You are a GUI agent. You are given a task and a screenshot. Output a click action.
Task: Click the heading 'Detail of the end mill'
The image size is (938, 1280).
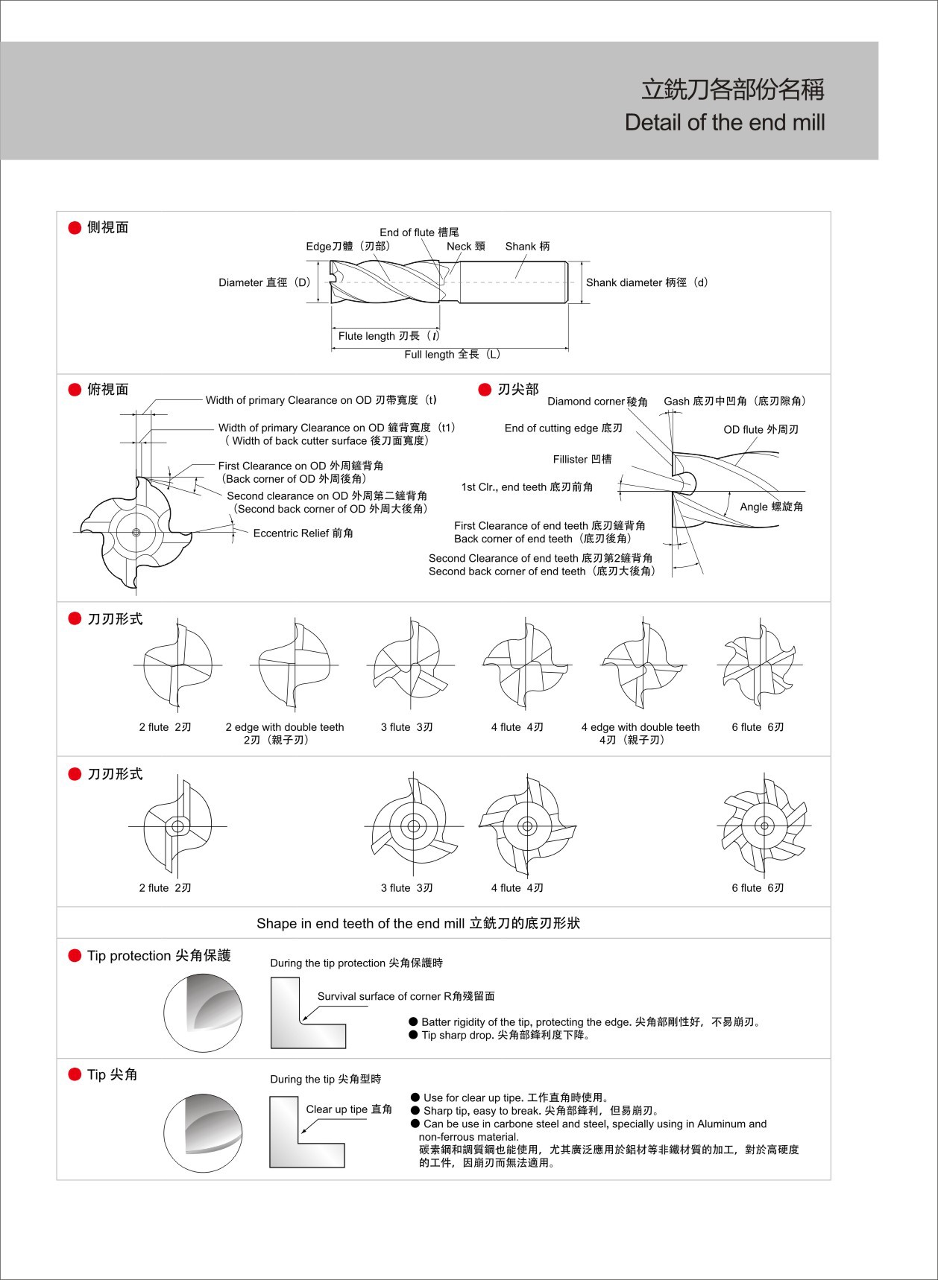(725, 122)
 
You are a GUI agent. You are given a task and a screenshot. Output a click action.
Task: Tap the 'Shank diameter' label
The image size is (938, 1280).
(647, 282)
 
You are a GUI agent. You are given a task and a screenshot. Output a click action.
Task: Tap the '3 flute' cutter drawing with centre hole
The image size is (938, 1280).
(413, 826)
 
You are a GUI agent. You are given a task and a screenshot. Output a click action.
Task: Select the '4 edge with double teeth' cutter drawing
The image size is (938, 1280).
(643, 663)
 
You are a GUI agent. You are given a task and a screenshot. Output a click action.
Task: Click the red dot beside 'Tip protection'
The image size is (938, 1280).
(75, 956)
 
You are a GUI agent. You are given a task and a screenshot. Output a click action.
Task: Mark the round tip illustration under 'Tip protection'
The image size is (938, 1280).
(203, 1013)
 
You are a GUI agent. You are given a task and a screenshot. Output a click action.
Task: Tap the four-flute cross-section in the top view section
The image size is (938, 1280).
(136, 532)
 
